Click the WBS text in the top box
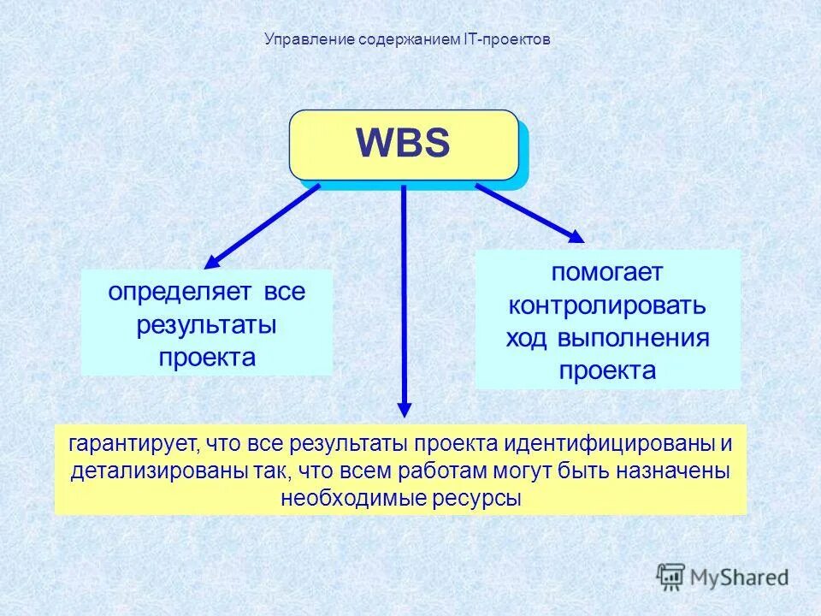[402, 144]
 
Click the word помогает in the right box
[607, 273]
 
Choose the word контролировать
[607, 305]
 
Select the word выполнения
[634, 338]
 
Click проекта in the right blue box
[607, 370]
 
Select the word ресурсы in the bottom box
[476, 498]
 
